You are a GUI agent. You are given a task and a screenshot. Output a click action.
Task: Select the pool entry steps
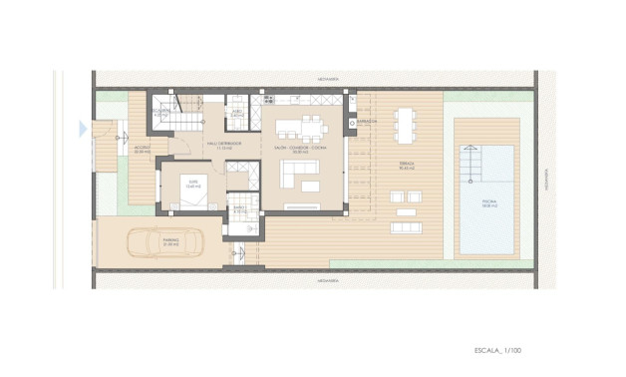[x=473, y=161]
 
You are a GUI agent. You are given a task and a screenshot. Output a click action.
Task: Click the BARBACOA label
[x=367, y=122]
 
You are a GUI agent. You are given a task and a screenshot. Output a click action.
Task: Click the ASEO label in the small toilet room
[x=236, y=114]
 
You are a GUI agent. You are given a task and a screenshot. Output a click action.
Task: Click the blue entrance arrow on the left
[x=84, y=127]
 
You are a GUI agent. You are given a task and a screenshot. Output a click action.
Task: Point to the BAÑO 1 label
[x=240, y=209]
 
